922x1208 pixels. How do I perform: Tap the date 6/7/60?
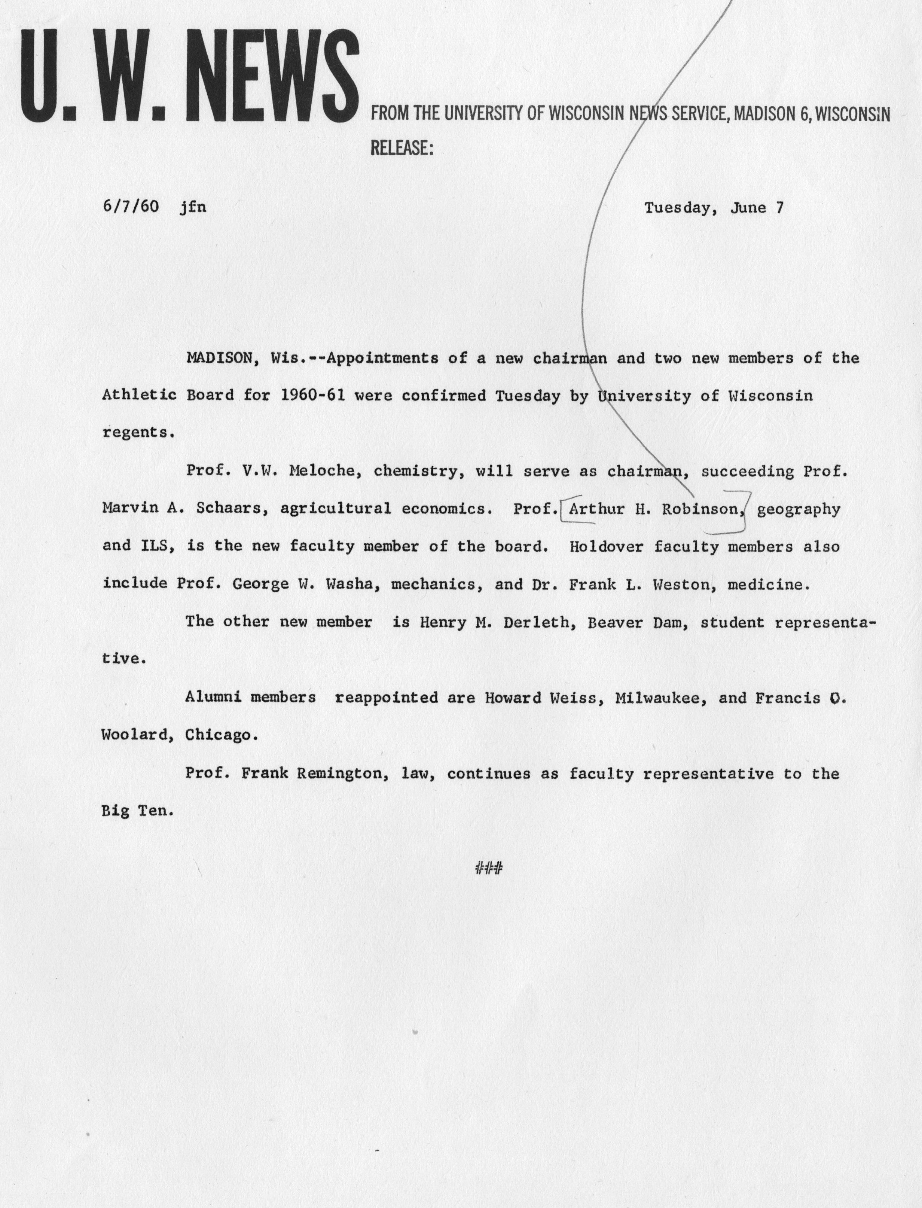tap(130, 207)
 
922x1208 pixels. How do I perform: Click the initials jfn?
tap(193, 207)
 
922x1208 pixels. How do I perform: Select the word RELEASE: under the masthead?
tap(402, 148)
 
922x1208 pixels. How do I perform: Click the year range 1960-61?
tap(312, 395)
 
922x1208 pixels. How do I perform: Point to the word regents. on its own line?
tap(138, 433)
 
